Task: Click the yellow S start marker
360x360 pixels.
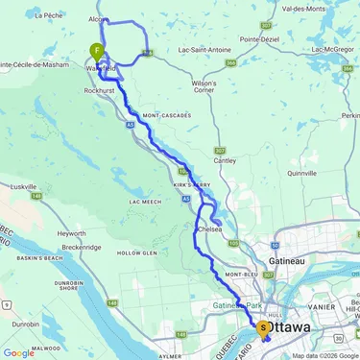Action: pyautogui.click(x=264, y=327)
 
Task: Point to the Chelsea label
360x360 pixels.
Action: pyautogui.click(x=208, y=229)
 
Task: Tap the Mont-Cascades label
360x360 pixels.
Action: pyautogui.click(x=163, y=116)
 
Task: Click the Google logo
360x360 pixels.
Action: pyautogui.click(x=18, y=352)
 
